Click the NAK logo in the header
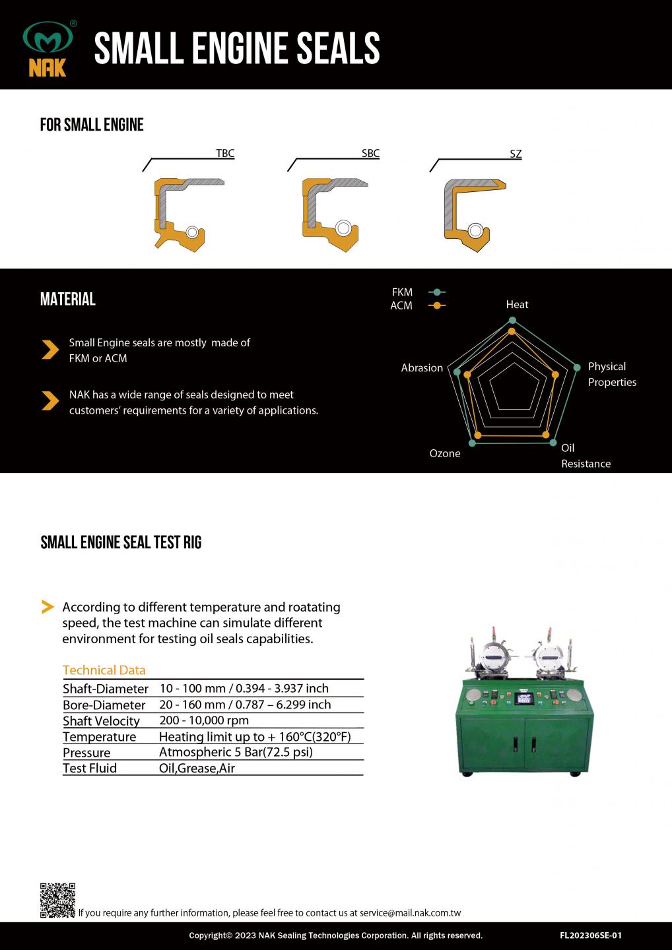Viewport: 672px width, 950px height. (x=48, y=49)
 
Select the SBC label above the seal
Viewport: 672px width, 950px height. (x=370, y=154)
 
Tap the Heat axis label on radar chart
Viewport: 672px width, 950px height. (x=517, y=305)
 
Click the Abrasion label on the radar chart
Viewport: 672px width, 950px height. (x=422, y=368)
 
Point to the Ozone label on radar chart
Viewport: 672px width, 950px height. (x=445, y=454)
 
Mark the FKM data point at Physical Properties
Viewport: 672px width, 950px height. (x=576, y=367)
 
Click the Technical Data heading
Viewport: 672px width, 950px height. (x=104, y=670)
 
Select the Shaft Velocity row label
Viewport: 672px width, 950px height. (x=101, y=721)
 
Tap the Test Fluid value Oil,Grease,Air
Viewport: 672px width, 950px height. (x=197, y=769)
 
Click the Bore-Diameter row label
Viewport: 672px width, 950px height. (x=104, y=705)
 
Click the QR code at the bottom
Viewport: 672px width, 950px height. (x=57, y=901)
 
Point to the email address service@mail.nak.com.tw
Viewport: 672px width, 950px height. (x=410, y=914)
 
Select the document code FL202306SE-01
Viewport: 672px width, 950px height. (x=591, y=935)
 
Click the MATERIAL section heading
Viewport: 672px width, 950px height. (x=68, y=300)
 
